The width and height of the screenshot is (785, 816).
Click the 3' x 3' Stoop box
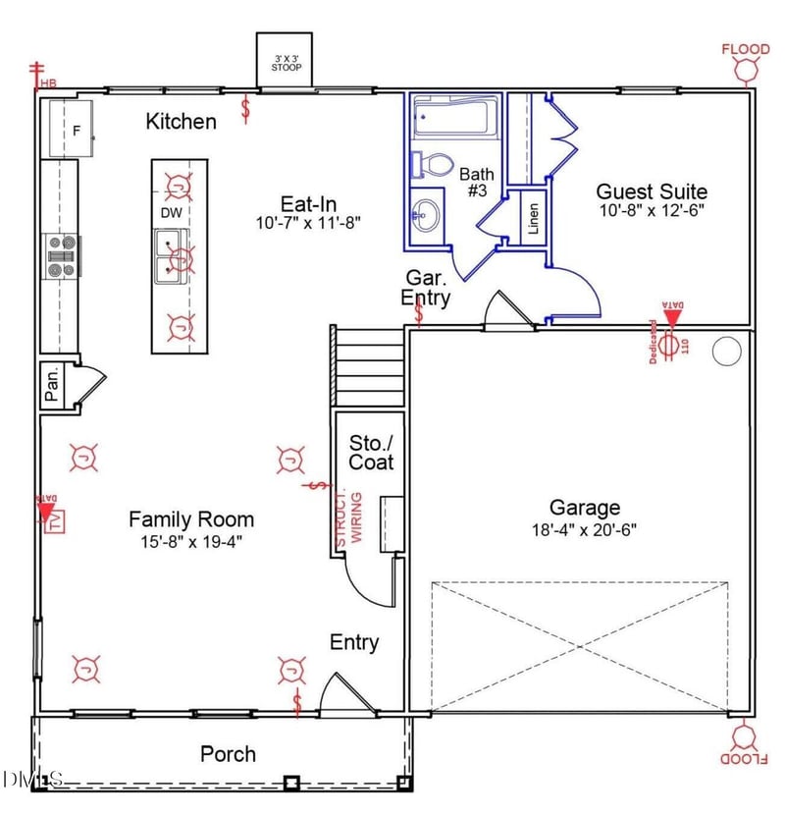pyautogui.click(x=285, y=61)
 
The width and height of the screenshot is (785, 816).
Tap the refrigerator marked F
pyautogui.click(x=72, y=129)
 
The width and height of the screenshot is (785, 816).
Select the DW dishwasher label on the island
pyautogui.click(x=171, y=212)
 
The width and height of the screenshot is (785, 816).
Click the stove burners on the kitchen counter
pyautogui.click(x=62, y=255)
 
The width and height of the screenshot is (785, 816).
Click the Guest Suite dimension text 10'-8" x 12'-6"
pyautogui.click(x=652, y=210)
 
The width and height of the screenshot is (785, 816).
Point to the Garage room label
pyautogui.click(x=585, y=508)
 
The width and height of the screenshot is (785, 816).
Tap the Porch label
pyautogui.click(x=228, y=753)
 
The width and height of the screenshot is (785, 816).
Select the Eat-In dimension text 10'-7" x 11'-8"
pyautogui.click(x=308, y=223)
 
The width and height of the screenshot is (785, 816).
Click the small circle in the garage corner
pyautogui.click(x=725, y=351)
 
